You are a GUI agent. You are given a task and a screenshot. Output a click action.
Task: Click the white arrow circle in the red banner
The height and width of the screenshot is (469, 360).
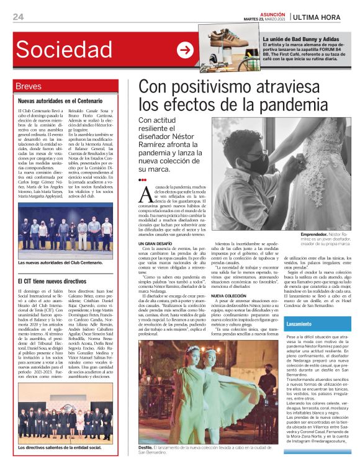click(185, 50)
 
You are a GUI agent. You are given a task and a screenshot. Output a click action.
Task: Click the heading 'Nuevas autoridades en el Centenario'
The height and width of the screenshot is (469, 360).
click(60, 100)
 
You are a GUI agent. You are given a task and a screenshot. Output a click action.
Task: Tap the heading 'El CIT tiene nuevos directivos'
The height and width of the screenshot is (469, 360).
click(55, 281)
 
